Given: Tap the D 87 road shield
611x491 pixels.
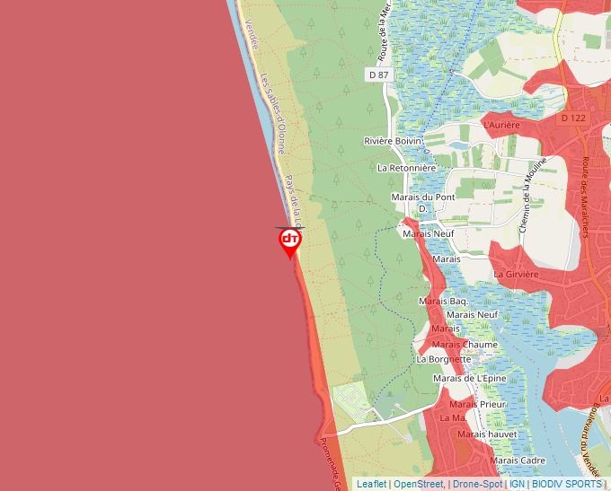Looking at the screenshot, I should point(378,75).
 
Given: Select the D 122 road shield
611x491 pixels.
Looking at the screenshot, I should point(572,118).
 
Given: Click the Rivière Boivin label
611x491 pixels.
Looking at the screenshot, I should point(393,141).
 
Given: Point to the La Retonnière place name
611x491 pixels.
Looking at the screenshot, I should point(406,168).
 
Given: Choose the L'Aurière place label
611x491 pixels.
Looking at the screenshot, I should point(502,126).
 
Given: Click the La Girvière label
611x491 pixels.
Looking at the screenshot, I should point(516,274).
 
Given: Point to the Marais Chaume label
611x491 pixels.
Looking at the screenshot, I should point(465,345).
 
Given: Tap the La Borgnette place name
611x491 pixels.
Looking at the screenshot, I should point(444,359).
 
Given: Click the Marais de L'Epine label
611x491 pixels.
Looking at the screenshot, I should point(469,378).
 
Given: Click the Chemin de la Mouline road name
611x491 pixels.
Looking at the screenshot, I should point(532,202).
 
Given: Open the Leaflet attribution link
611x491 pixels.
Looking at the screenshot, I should point(371,484).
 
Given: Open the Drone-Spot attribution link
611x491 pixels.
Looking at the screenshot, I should point(477,484).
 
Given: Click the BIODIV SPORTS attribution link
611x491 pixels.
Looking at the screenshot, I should point(566,484).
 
